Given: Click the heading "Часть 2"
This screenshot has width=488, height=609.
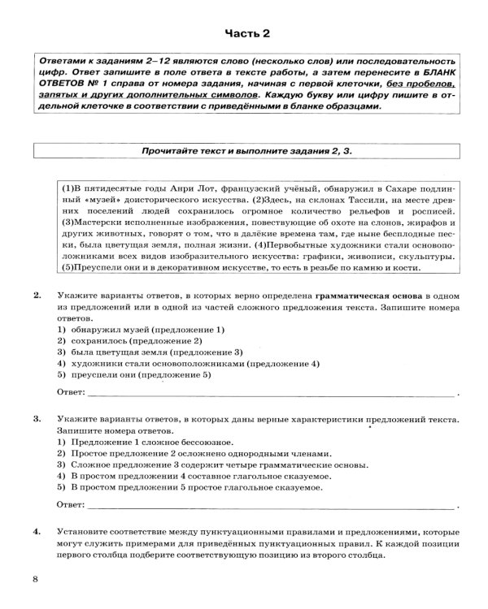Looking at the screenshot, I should coord(244,32).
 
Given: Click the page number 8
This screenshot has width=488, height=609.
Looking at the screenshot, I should coord(34,577).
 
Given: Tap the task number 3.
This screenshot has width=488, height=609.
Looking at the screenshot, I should coord(37,418).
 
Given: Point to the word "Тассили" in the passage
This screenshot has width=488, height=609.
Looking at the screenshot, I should coord(281,199).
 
